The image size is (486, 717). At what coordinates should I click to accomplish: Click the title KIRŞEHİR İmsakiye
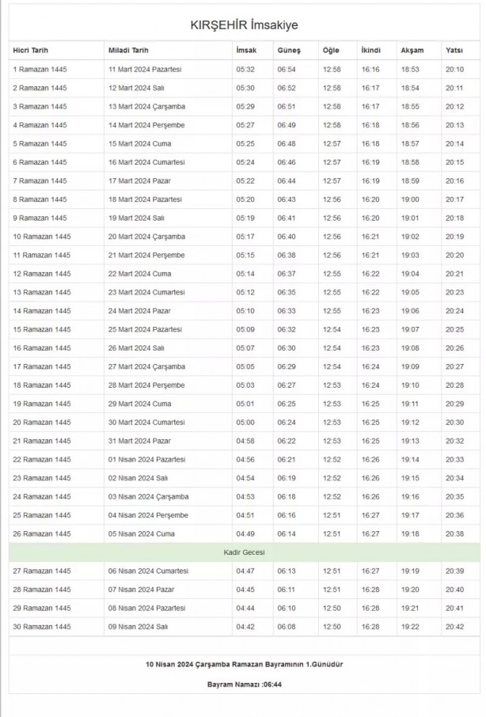pos(244,26)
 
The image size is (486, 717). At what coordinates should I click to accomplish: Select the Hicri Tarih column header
pos(31,51)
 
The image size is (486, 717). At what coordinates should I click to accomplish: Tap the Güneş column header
pos(283,51)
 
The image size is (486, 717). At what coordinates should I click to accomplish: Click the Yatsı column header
pos(454,51)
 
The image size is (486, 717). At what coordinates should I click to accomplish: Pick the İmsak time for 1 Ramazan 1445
pos(245,70)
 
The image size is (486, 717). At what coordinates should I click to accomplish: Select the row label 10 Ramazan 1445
pos(42,237)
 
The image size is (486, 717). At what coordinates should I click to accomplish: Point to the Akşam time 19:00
pos(410,199)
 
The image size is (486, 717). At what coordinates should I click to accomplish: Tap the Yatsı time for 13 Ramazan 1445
pos(454,292)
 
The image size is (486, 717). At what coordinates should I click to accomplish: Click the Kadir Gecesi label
pos(244,552)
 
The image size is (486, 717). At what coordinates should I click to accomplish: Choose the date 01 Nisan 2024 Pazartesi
pos(146,459)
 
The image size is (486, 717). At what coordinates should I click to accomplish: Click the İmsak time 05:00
pos(245,423)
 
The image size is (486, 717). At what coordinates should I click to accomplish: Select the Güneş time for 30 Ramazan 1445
pos(287,627)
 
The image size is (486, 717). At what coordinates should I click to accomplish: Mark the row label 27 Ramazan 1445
pos(42,571)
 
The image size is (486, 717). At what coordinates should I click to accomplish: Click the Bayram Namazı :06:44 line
pos(244,684)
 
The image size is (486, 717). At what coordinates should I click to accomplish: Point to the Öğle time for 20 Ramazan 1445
pos(332,423)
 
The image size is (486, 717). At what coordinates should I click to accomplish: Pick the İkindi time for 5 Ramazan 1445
pos(370,144)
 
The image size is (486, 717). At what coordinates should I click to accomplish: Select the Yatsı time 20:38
pos(454,534)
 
